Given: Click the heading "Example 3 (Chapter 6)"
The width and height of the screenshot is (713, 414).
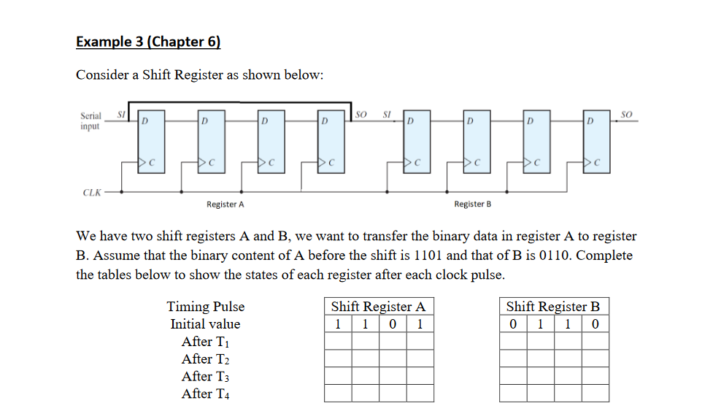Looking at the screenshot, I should coord(148,41).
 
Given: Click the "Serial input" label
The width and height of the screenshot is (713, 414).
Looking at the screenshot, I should coord(90,120).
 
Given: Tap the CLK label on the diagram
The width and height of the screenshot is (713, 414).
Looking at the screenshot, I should coord(91,193).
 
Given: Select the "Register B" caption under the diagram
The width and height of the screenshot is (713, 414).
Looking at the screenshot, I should coord(472,204).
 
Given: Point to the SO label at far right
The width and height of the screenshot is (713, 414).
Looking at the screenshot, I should coord(625,114).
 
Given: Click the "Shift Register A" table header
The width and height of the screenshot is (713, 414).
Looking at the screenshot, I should coord(378,307).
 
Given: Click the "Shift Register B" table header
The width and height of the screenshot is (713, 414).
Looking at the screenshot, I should coord(553,307).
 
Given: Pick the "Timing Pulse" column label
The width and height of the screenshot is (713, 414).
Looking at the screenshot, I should coord(206,307).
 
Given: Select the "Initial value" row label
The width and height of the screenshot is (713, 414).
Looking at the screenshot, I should coord(205,324).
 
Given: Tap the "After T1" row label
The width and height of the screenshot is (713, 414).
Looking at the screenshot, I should coord(205,342).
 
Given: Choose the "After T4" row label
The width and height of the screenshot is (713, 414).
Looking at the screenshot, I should coord(205,394).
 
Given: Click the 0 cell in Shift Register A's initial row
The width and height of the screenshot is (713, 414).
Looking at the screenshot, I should coord(393,324).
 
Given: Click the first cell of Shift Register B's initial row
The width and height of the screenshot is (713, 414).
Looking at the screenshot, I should coord(513,324).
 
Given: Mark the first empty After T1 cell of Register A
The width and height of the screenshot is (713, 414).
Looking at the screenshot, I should coord(338,341).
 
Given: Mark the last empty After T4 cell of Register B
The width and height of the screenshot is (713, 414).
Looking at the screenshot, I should coord(596,394).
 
